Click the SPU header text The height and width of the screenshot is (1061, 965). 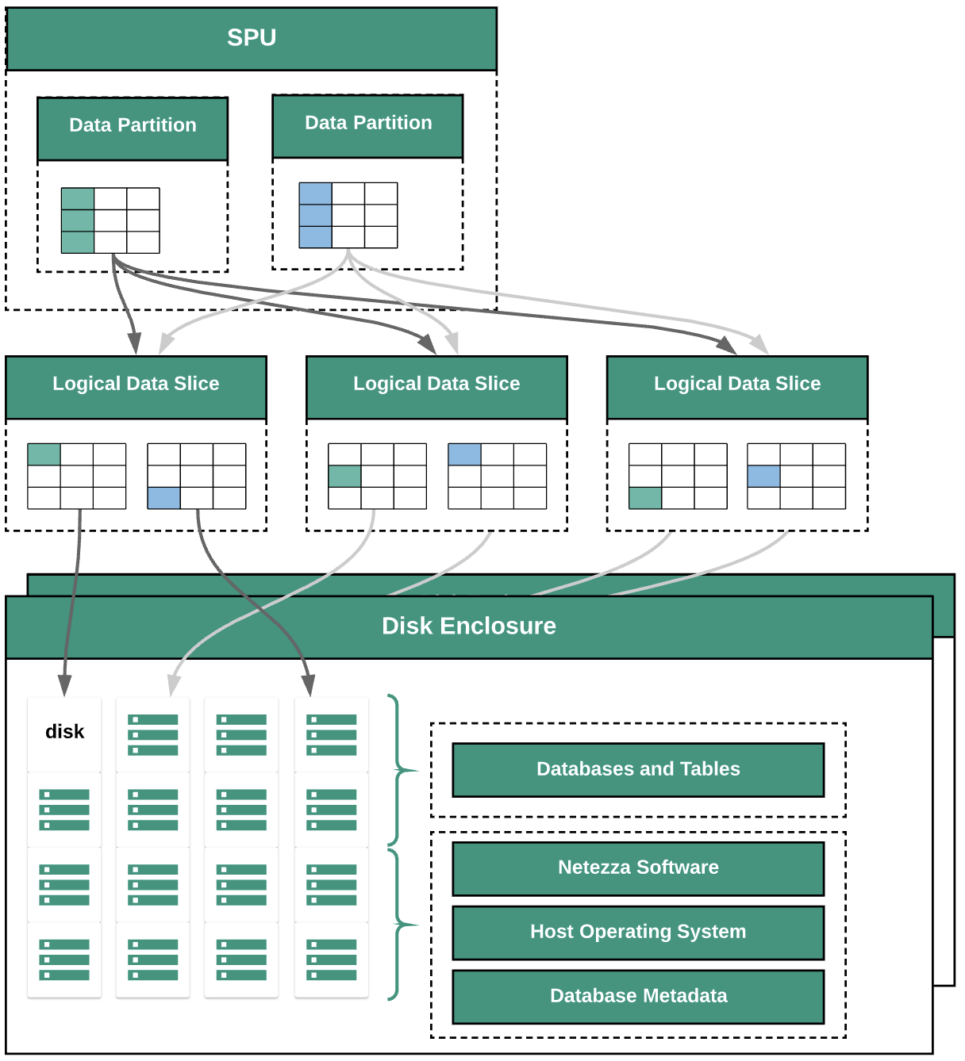pyautogui.click(x=252, y=38)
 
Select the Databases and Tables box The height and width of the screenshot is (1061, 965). pyautogui.click(x=638, y=769)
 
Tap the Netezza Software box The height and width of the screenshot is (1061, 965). pyautogui.click(x=638, y=868)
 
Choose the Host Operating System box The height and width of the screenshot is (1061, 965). pyautogui.click(x=638, y=932)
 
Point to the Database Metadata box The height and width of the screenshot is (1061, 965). pyautogui.click(x=638, y=996)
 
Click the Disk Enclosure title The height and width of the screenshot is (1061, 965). pyautogui.click(x=469, y=626)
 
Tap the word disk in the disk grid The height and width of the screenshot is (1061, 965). pyautogui.click(x=65, y=732)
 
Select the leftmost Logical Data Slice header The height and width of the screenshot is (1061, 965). pyautogui.click(x=136, y=385)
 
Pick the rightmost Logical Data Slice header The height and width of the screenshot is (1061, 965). pyautogui.click(x=737, y=385)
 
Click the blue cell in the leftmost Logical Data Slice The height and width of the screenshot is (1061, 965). pyautogui.click(x=164, y=498)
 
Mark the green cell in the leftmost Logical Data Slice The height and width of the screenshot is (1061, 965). pyautogui.click(x=44, y=454)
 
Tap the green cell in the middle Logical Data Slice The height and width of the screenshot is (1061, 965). pyautogui.click(x=344, y=477)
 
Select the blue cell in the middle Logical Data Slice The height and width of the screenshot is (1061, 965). pyautogui.click(x=464, y=454)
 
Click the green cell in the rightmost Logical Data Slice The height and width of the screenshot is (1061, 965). pyautogui.click(x=645, y=498)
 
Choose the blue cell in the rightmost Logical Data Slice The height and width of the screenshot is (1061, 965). pyautogui.click(x=763, y=477)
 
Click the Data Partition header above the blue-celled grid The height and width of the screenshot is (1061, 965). pyautogui.click(x=368, y=124)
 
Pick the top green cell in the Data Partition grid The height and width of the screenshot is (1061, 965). pyautogui.click(x=78, y=199)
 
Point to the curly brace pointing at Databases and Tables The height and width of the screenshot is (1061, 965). pyautogui.click(x=397, y=769)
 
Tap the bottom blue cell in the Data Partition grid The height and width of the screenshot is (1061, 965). pyautogui.click(x=315, y=237)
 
